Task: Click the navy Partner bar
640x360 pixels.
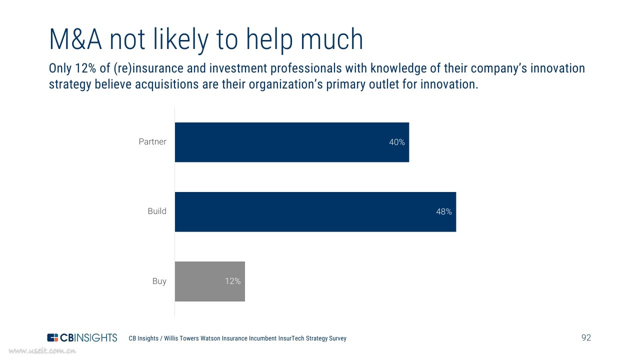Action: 292,142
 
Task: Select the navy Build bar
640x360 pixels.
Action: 315,211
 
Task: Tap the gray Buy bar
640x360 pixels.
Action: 210,281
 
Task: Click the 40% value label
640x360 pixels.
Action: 397,142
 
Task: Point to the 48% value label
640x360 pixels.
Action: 443,211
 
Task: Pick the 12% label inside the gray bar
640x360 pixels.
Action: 232,281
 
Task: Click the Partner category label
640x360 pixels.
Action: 152,141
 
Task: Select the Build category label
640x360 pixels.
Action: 157,211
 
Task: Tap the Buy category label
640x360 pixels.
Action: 159,281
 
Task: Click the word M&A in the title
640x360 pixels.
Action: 75,39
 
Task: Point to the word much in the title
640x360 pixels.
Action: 331,39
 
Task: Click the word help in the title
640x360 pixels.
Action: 269,40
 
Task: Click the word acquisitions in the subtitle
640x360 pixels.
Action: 166,84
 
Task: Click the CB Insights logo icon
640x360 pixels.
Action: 52,337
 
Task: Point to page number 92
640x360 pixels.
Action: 586,337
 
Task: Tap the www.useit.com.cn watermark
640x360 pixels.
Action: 42,351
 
